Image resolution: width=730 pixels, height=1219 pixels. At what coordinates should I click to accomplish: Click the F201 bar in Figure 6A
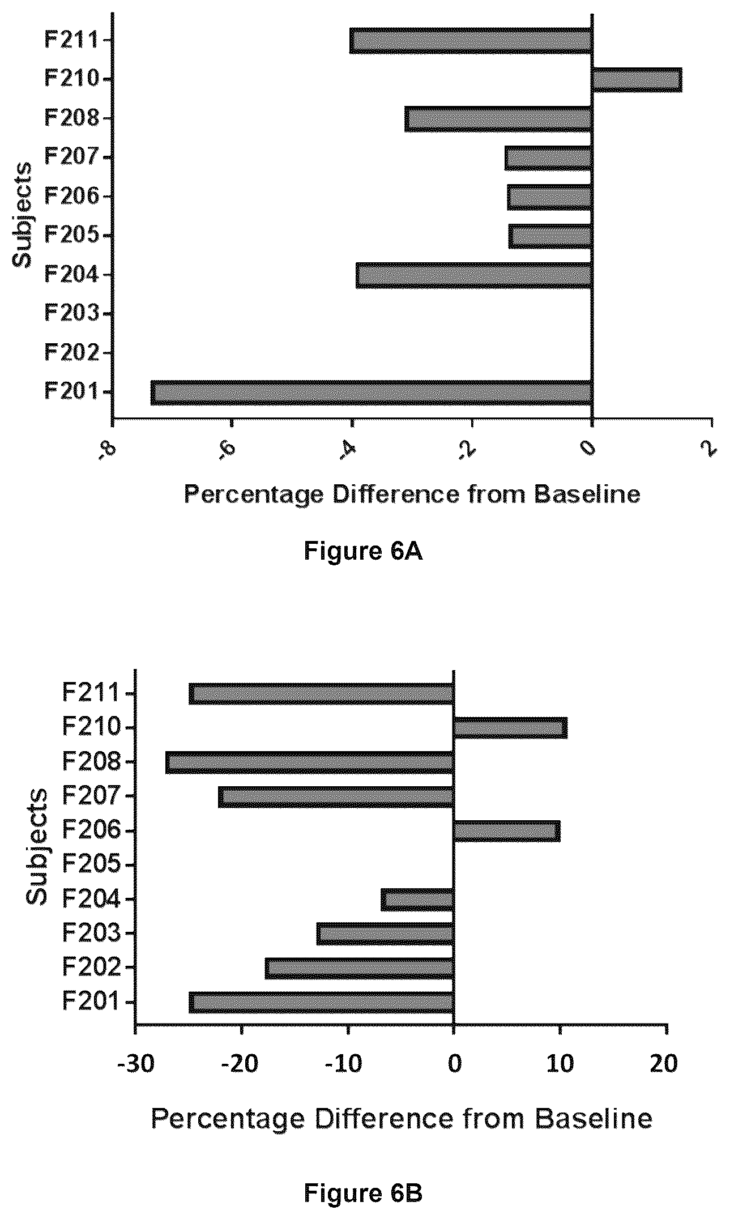[x=372, y=393]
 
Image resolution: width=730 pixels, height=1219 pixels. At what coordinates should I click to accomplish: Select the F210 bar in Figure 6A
[x=637, y=79]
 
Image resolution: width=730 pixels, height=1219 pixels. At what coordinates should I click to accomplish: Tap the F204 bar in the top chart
[x=474, y=275]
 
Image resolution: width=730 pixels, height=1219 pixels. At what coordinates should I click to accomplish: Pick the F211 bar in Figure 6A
[x=471, y=40]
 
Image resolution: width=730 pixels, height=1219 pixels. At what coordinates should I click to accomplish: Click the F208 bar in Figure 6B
[x=310, y=762]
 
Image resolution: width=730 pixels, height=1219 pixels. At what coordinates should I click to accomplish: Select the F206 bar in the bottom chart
[x=507, y=831]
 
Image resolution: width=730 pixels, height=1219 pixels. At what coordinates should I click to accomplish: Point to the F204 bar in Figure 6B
[x=417, y=900]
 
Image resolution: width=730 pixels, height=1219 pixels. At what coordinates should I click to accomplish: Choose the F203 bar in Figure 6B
[x=385, y=934]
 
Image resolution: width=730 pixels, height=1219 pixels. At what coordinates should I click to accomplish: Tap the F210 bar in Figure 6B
[x=510, y=728]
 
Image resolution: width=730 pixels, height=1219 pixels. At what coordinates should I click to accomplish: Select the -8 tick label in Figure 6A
[x=108, y=453]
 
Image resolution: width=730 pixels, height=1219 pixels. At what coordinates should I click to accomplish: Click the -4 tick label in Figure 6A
[x=347, y=453]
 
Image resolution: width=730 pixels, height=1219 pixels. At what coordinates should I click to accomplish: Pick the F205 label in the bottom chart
[x=91, y=865]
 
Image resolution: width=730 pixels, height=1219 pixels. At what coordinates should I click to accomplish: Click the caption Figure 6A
[x=364, y=551]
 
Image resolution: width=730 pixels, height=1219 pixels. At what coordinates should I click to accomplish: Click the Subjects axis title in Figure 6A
[x=23, y=216]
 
